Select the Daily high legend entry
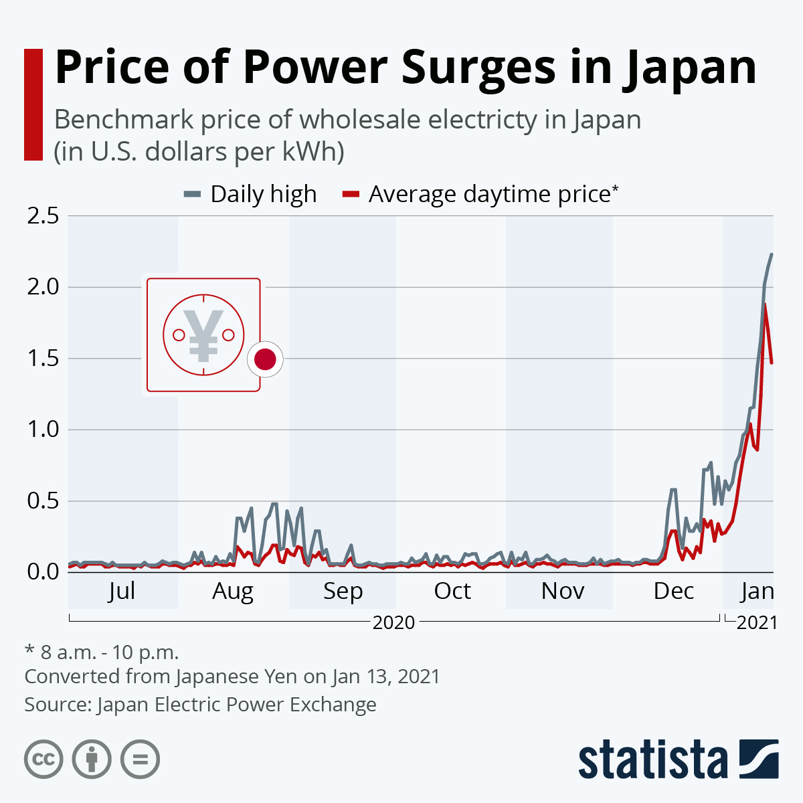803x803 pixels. [250, 194]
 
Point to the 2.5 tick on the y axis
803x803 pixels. [43, 215]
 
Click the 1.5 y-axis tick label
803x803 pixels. [43, 358]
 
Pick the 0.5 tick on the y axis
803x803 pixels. [43, 501]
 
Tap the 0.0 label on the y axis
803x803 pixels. [43, 571]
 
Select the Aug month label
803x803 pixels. [233, 592]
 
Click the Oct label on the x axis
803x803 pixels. [452, 591]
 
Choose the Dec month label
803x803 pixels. [673, 591]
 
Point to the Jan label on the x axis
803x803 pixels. [757, 591]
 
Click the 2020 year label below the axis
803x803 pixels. [393, 622]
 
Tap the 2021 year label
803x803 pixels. [757, 622]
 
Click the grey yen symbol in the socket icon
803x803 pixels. [203, 335]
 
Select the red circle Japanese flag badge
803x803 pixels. [265, 359]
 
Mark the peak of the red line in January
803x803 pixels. [765, 304]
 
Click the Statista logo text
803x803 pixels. [653, 760]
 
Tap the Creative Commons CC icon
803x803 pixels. [43, 760]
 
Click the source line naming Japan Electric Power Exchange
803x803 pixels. [200, 705]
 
